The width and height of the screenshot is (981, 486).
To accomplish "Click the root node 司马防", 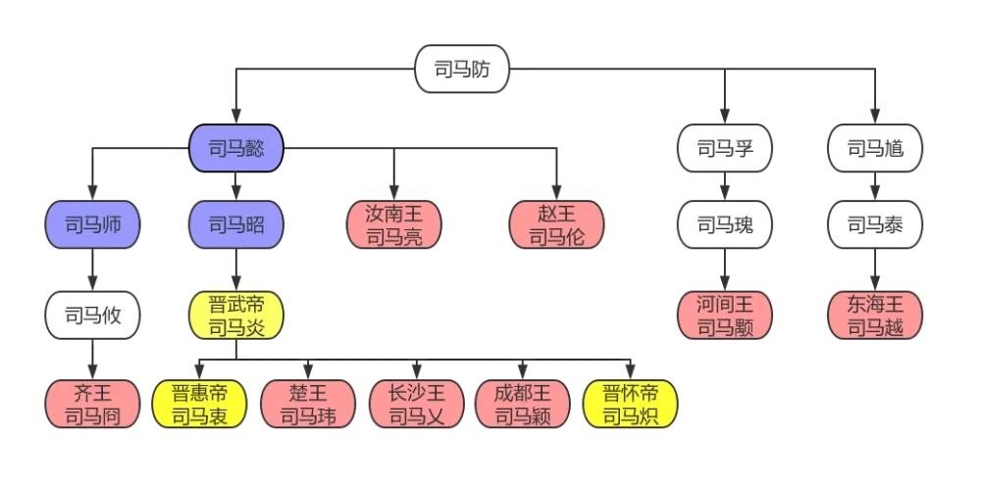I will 462,70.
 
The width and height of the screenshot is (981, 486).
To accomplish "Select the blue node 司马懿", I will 235,149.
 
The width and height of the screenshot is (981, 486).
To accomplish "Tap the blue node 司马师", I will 92,224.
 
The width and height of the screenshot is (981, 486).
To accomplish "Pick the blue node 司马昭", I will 235,224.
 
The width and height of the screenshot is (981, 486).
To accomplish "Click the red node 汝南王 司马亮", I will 394,224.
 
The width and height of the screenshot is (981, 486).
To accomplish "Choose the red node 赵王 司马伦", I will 556,224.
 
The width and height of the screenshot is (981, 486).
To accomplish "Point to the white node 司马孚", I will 725,149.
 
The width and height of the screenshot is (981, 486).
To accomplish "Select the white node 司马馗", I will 875,149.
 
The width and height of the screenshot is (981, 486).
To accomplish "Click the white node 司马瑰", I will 725,224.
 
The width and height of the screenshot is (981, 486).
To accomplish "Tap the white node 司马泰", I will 875,224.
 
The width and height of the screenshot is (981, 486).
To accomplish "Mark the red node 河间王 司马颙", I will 725,316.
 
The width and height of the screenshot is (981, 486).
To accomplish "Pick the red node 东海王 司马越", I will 875,316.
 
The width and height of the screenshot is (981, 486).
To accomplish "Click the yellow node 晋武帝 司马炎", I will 235,316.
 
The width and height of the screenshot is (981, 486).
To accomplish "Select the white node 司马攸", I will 92,316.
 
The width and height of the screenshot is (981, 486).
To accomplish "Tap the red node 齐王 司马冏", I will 92,404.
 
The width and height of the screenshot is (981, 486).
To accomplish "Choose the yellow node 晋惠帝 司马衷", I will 199,404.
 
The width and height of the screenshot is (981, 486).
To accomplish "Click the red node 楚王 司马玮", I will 307,404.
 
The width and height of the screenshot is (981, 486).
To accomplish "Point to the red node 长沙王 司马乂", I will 415,404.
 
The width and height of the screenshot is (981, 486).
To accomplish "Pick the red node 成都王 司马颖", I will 522,404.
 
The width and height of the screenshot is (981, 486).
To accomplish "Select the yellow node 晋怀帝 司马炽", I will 630,404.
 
